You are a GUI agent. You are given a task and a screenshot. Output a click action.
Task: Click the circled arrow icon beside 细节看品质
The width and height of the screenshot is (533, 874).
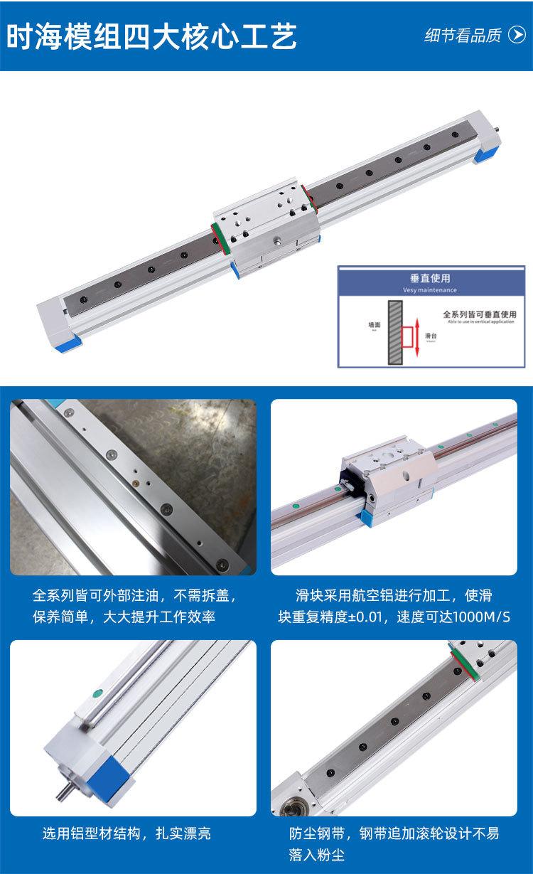tap(517, 36)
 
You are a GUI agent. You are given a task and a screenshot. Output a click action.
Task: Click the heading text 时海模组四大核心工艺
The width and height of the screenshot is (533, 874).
tap(151, 36)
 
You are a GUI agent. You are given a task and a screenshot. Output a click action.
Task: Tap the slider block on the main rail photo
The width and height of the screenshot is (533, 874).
tap(262, 228)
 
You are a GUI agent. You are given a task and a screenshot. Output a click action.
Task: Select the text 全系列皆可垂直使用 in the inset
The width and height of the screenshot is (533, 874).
tap(478, 314)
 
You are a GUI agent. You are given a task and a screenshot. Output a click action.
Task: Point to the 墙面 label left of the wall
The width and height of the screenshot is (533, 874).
tap(374, 324)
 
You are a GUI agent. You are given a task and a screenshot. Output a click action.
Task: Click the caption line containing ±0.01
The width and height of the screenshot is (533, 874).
tap(394, 616)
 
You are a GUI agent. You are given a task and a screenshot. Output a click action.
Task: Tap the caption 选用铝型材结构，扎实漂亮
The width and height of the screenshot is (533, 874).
tap(126, 833)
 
